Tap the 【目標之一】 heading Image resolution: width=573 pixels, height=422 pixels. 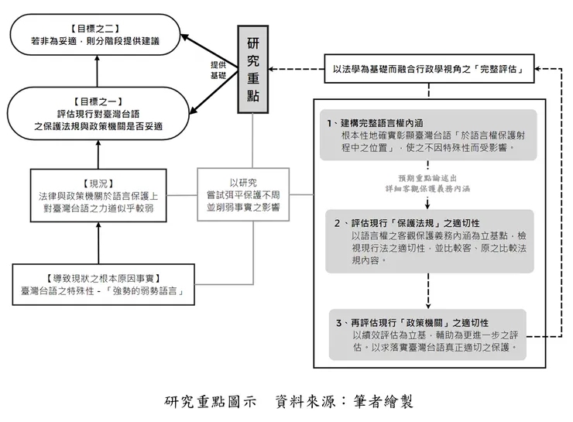(x=97, y=101)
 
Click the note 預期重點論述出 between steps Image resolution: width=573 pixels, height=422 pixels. (x=428, y=177)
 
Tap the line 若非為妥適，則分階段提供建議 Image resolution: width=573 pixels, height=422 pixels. (x=97, y=40)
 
